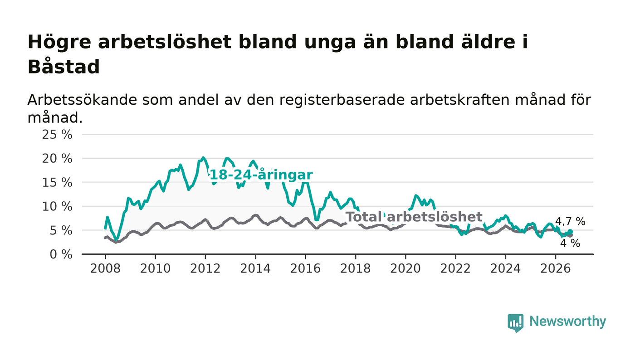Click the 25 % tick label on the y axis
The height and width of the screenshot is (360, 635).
(x=57, y=135)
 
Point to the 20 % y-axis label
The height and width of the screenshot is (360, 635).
(x=57, y=159)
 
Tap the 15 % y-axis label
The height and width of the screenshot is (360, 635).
(x=57, y=183)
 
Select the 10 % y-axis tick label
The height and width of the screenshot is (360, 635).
(x=57, y=207)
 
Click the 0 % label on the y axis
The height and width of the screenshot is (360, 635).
(x=61, y=254)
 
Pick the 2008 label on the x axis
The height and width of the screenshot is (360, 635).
(x=105, y=269)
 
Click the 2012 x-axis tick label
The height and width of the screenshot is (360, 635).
(x=205, y=269)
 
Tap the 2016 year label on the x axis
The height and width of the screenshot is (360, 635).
(x=305, y=269)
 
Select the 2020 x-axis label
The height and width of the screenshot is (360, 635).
(x=405, y=269)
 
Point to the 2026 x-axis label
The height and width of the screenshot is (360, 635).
(x=555, y=269)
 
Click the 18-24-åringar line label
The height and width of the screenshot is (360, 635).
(x=261, y=175)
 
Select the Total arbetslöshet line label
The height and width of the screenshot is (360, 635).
(x=414, y=217)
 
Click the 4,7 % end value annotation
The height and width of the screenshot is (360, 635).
(x=570, y=221)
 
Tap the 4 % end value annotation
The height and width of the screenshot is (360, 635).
(x=570, y=243)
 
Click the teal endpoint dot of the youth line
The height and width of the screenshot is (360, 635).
(x=570, y=232)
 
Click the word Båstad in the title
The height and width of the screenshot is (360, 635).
(x=63, y=67)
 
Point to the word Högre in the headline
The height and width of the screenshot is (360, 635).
(x=59, y=42)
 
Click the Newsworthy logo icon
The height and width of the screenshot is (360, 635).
(x=515, y=323)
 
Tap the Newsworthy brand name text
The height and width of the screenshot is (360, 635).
(x=567, y=321)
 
